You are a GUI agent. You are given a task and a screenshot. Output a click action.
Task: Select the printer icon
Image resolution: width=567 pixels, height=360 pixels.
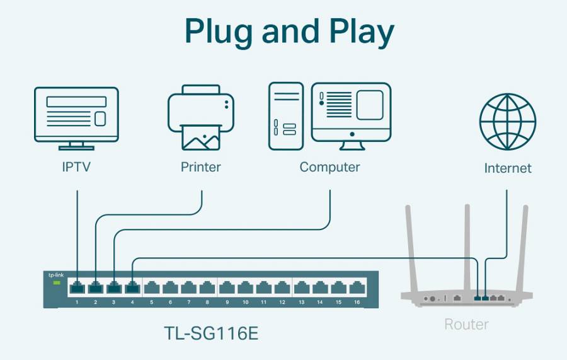[x=200, y=118]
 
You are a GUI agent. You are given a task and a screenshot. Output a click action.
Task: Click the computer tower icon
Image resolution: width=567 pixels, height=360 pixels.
[x=286, y=116]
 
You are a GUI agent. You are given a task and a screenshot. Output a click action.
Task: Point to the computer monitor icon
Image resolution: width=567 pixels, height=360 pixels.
[x=352, y=116]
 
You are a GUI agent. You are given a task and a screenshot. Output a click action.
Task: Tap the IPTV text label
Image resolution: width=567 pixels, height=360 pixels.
[x=76, y=167]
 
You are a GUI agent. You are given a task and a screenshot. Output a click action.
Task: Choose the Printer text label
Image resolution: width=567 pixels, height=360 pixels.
[x=200, y=167]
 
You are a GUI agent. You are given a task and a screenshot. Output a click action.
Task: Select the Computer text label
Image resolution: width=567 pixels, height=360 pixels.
[x=329, y=167]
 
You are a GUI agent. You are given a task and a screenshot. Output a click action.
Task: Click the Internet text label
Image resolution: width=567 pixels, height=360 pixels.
[x=507, y=168]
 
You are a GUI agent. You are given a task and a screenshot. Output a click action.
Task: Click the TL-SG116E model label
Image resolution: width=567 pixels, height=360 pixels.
[x=210, y=333]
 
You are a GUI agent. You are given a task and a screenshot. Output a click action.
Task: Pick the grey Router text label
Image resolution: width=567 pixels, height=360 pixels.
[x=466, y=325]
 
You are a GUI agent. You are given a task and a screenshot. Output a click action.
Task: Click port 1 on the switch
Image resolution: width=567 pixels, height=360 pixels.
[x=77, y=288]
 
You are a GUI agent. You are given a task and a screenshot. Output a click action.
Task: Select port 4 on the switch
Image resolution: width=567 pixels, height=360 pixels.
[x=132, y=288]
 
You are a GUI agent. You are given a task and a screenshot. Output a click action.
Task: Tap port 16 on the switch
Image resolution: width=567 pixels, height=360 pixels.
[x=357, y=288]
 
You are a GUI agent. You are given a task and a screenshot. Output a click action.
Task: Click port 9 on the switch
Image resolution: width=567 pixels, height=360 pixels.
[x=227, y=288]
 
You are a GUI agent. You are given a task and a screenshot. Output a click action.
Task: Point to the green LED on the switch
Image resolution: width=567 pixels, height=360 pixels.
[x=55, y=284]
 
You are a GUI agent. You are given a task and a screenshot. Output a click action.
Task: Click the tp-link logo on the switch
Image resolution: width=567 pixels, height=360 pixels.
[x=55, y=275]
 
